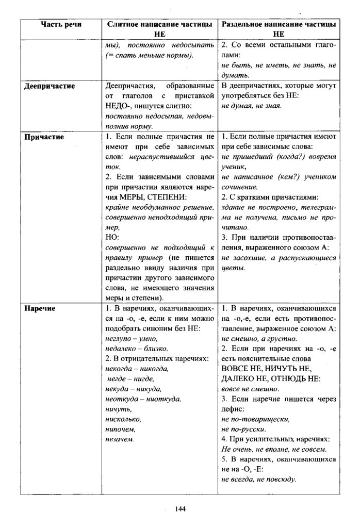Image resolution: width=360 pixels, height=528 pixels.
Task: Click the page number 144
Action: coord(180,509)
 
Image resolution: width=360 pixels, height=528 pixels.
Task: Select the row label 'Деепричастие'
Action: coord(50,86)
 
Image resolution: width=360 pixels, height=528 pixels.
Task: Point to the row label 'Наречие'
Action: coord(42,308)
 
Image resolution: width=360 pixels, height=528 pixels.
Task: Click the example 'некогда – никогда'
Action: coord(137,369)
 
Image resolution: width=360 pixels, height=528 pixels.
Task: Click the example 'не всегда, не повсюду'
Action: coord(258,479)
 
